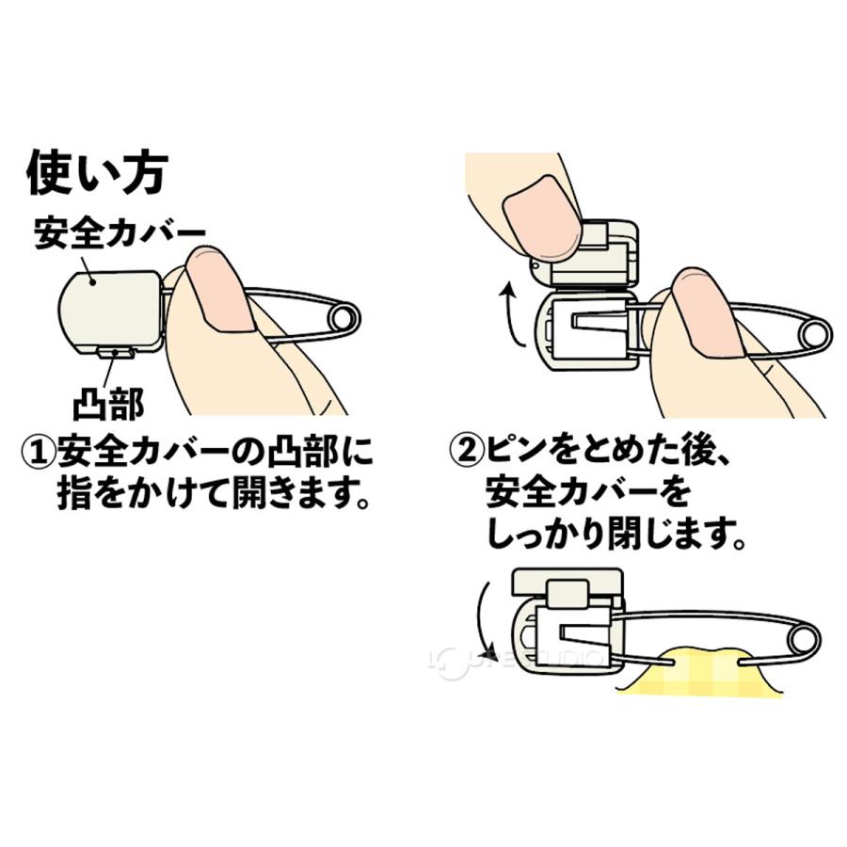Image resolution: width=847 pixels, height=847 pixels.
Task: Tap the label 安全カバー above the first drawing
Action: tap(120, 232)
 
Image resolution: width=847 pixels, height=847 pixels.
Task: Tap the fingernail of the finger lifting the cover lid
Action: tap(539, 209)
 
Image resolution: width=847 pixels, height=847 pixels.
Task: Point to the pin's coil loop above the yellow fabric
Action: tap(803, 640)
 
